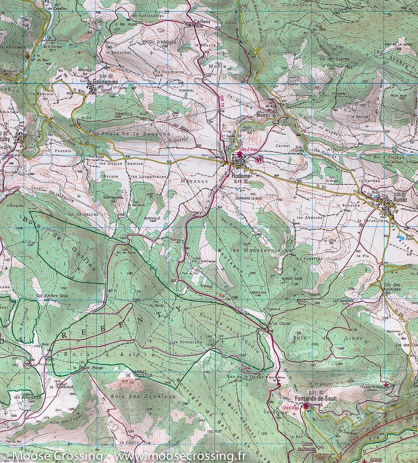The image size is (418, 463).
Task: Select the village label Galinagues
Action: pyautogui.click(x=102, y=82)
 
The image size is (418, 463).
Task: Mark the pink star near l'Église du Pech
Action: pyautogui.click(x=386, y=384)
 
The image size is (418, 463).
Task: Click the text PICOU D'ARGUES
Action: pyautogui.click(x=159, y=42)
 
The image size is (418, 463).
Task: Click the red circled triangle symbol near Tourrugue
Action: pyautogui.click(x=27, y=363)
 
